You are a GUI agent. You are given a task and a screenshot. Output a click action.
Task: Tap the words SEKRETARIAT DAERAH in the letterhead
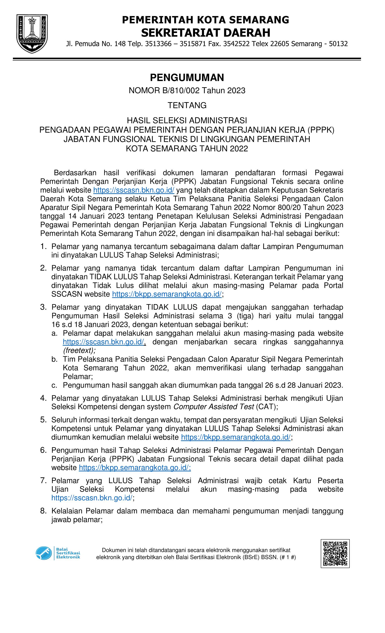[206, 33]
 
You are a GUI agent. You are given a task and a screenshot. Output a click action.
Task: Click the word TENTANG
[187, 105]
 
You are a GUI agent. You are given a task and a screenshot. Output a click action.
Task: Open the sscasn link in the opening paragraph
[134, 190]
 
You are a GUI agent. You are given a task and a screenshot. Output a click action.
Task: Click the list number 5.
[43, 420]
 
